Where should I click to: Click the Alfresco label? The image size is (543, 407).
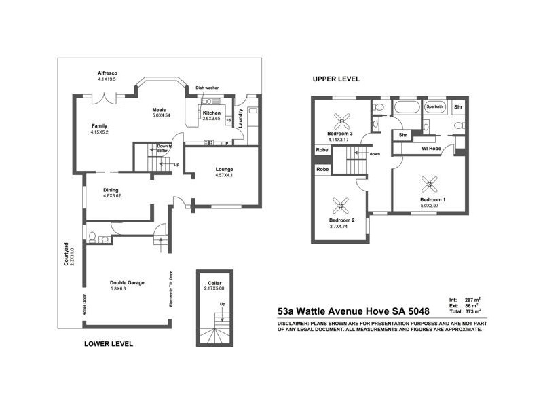point(107,73)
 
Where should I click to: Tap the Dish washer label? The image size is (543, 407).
point(207,88)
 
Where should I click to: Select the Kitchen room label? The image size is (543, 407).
point(211,113)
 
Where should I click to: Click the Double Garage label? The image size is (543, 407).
point(128,283)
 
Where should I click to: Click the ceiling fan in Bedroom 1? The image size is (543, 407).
point(430,182)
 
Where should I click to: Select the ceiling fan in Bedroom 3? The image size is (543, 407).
point(341,116)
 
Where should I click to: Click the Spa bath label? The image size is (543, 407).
point(434,107)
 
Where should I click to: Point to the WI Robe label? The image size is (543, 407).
point(432,148)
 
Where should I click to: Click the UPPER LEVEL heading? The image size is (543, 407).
point(336,79)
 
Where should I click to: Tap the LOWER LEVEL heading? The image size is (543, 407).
point(108,344)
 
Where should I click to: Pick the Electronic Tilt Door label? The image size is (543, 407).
point(170,290)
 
